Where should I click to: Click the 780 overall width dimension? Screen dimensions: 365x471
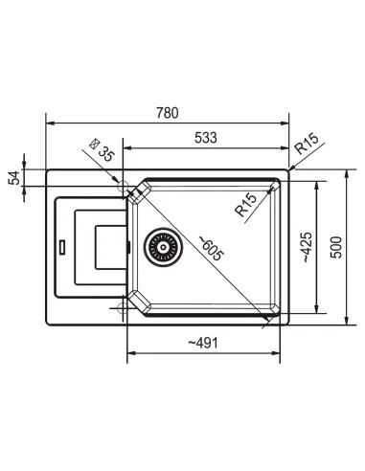(x=168, y=113)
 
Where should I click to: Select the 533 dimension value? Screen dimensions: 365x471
(x=206, y=138)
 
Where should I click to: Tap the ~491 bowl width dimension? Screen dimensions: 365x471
(x=203, y=343)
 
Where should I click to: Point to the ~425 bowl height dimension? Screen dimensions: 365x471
(x=307, y=247)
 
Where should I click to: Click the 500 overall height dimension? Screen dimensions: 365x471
(x=336, y=247)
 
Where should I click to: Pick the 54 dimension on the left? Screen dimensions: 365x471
(x=14, y=178)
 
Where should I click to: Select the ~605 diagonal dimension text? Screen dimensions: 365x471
(x=211, y=248)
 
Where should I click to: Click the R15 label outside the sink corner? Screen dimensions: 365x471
(x=307, y=144)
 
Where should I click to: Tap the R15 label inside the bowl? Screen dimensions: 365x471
(x=245, y=205)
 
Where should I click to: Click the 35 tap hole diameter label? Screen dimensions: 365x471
(x=106, y=153)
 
